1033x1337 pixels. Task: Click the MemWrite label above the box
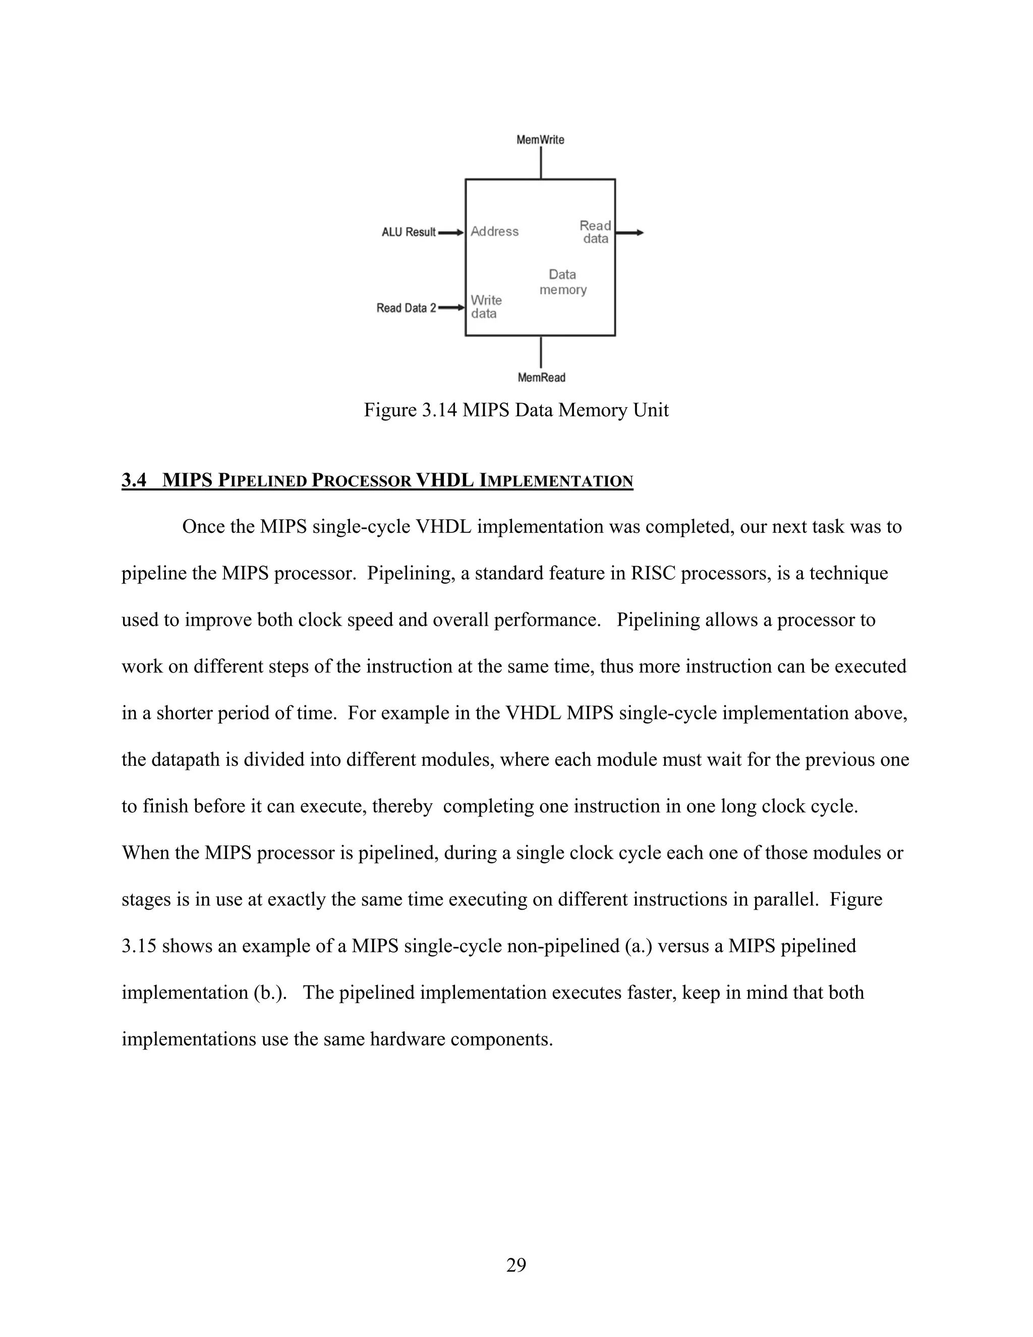tap(540, 140)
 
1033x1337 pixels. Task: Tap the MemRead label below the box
tap(541, 378)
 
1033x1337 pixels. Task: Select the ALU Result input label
tap(408, 233)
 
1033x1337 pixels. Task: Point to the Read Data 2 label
tap(406, 308)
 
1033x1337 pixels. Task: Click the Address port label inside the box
tap(494, 232)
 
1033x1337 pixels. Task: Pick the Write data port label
tap(486, 307)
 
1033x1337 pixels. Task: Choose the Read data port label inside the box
tap(595, 232)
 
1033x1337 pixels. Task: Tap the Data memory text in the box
tap(563, 282)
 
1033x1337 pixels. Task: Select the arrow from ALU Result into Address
tap(451, 233)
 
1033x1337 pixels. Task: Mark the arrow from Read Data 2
tap(451, 307)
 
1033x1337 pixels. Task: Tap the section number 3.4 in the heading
tap(134, 480)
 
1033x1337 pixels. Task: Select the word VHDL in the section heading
tap(444, 480)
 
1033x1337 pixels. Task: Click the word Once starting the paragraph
tap(204, 526)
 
